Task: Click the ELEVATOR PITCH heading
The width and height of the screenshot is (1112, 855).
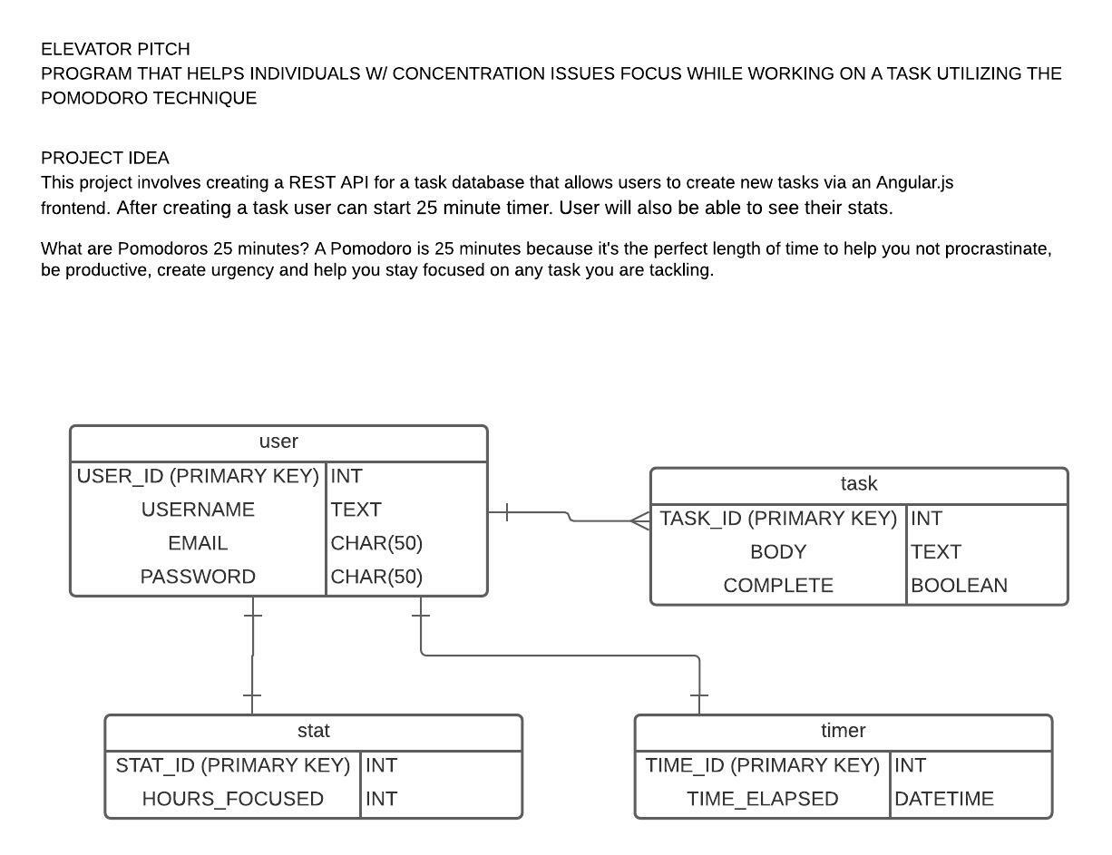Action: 115,49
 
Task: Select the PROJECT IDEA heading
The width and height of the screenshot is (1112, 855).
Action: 104,158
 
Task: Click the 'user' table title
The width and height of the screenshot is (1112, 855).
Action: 278,442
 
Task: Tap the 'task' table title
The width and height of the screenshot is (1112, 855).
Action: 858,484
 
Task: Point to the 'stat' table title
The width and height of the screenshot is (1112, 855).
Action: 313,731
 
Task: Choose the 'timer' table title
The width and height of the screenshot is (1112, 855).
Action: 843,731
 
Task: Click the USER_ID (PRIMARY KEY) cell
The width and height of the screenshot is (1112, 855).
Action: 198,476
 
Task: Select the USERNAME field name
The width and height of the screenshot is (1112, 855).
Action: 198,510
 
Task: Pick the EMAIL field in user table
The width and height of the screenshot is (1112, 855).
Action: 198,543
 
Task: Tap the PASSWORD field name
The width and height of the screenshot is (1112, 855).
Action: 198,577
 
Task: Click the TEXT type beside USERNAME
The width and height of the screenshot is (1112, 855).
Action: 356,510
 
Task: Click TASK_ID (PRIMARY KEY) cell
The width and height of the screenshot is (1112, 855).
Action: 778,519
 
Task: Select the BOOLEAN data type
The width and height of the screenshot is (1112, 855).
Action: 959,586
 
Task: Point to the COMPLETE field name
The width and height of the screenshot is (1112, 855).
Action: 778,586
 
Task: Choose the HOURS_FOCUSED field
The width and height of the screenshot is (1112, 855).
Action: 232,799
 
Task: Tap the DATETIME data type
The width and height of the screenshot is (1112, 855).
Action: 943,799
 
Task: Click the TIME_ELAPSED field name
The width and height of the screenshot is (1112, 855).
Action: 762,799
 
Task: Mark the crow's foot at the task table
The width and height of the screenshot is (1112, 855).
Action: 640,520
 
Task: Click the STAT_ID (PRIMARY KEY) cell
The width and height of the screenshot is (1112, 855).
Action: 232,765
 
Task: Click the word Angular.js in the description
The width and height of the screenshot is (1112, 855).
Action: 914,182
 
